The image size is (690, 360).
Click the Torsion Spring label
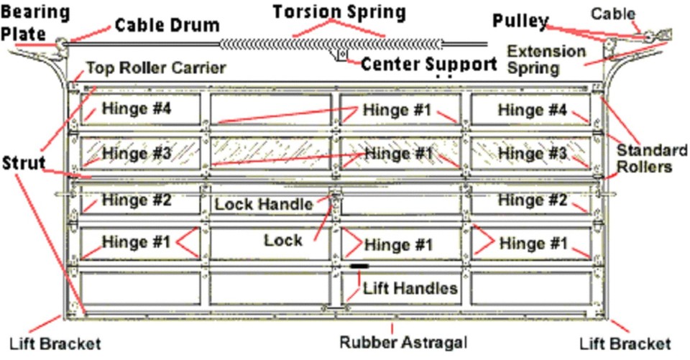[339, 12]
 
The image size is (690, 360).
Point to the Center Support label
[428, 64]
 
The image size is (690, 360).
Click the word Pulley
[520, 22]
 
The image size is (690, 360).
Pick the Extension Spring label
[546, 60]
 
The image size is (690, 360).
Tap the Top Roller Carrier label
[156, 68]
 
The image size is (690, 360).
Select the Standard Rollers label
[652, 159]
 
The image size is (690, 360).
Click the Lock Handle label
[264, 204]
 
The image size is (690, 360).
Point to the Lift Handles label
[410, 289]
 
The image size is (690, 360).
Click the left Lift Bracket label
[55, 343]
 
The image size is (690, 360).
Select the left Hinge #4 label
[137, 110]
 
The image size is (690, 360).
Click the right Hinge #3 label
[533, 153]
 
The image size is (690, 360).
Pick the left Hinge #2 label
[137, 200]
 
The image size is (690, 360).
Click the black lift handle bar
[359, 267]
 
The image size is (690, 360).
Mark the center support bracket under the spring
[341, 54]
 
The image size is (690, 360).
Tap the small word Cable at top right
[613, 13]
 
